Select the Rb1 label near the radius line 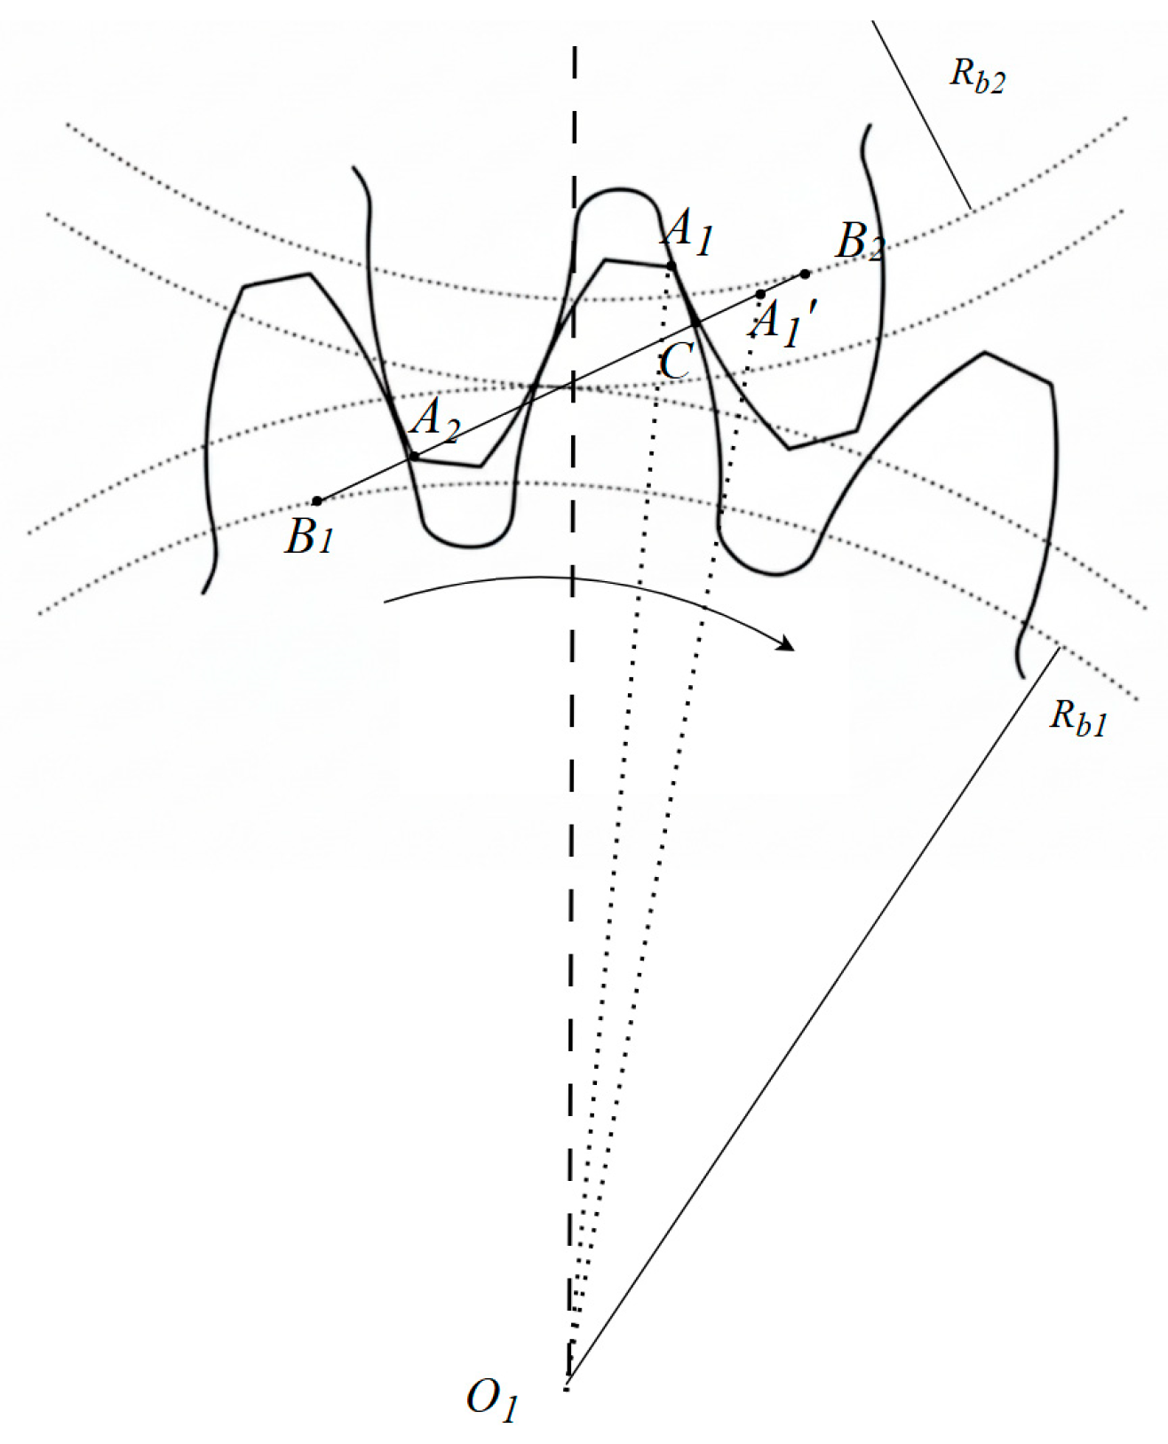[1077, 716]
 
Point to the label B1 [308, 537]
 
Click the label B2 [859, 240]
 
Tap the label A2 [434, 418]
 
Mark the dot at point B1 [317, 501]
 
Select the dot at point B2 [805, 274]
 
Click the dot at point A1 [671, 266]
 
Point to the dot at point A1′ [760, 294]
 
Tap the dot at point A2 [413, 457]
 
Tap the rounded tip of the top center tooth [617, 191]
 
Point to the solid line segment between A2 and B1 [365, 479]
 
